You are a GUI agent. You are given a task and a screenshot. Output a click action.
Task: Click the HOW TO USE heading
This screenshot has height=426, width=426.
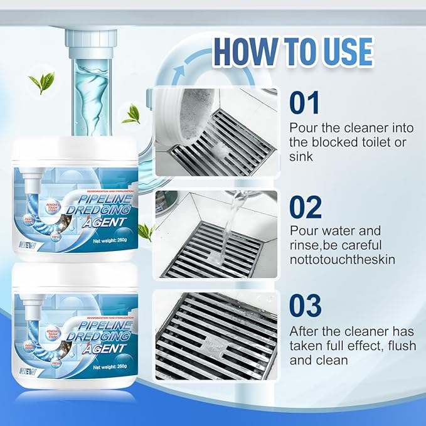[x=292, y=51]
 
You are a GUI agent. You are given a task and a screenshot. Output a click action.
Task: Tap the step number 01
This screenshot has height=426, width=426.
[x=304, y=104]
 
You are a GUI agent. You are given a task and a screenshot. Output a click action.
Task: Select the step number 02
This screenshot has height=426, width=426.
[x=305, y=207]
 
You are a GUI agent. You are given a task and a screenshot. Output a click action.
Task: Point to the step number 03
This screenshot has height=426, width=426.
[x=305, y=307]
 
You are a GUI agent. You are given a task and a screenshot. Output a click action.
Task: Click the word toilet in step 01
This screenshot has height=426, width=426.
[x=375, y=142]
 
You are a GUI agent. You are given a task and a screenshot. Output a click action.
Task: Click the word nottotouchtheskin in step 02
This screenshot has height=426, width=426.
[x=342, y=258]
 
